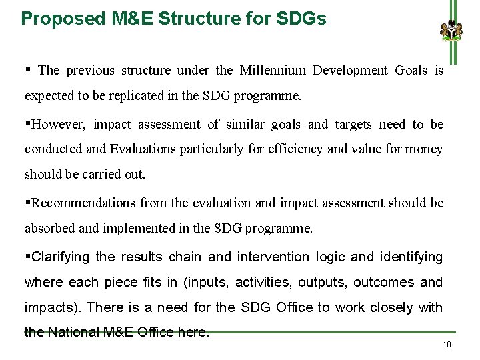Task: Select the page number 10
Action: click(447, 344)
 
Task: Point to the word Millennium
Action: click(271, 71)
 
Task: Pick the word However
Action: click(59, 125)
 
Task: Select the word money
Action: click(424, 149)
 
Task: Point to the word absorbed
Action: click(50, 229)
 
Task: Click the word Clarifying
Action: click(61, 257)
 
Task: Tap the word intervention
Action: click(272, 257)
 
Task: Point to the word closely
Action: click(388, 307)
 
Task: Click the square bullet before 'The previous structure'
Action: click(28, 70)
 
